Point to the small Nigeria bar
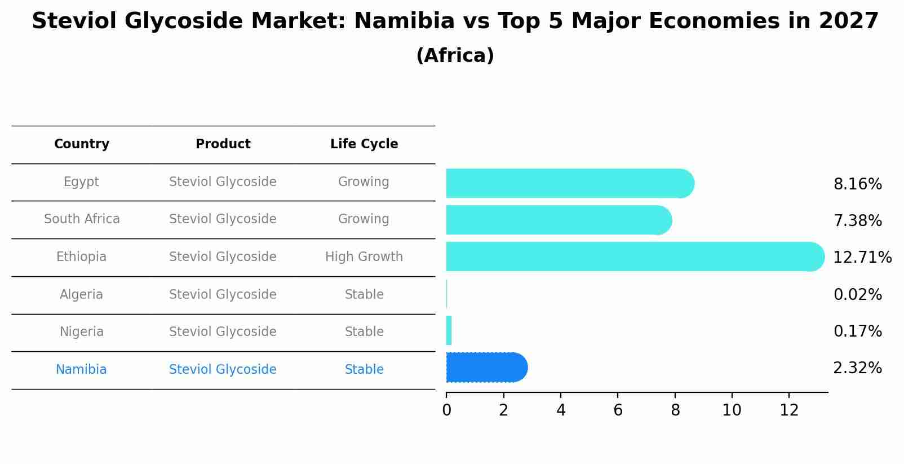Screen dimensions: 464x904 (449, 330)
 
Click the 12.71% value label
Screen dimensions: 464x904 (862, 258)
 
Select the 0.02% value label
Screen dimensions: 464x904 (857, 295)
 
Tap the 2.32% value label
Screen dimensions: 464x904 (857, 368)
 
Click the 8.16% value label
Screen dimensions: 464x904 (857, 184)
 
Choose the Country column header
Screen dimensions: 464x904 (82, 144)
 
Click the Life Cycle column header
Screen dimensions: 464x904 (364, 144)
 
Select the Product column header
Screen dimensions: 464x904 (223, 144)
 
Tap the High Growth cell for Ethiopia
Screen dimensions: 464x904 (364, 257)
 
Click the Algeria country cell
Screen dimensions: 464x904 (82, 295)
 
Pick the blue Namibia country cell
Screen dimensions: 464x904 (81, 370)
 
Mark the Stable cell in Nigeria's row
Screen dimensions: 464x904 (364, 332)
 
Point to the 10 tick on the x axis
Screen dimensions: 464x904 (732, 410)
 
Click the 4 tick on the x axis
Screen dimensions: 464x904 (561, 410)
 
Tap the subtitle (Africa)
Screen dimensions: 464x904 (455, 56)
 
